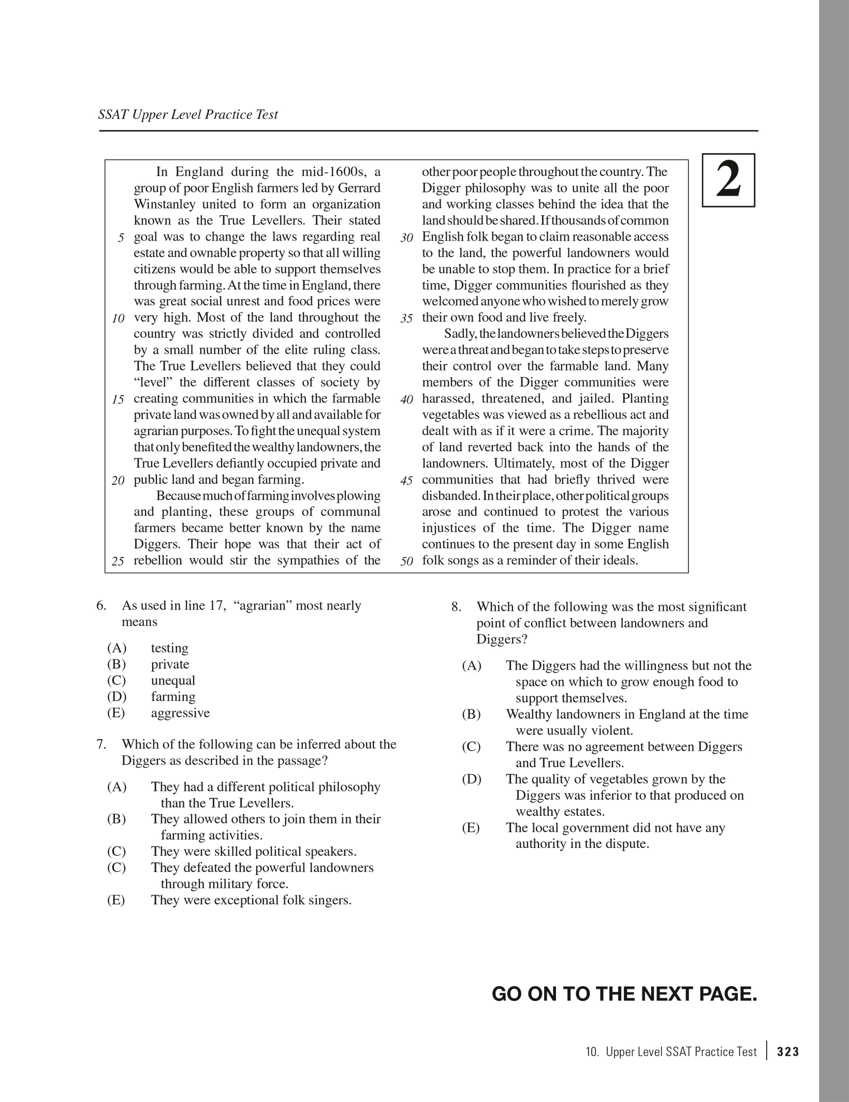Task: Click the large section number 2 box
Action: (728, 181)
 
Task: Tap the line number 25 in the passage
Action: (118, 561)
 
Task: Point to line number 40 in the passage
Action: (407, 399)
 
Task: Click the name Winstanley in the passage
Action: (164, 204)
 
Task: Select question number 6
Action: (101, 605)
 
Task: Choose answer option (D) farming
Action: (173, 697)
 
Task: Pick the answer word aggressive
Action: (180, 713)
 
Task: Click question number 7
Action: (101, 744)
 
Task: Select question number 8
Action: (456, 607)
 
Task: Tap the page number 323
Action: (788, 1052)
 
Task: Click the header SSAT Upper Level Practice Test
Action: (188, 114)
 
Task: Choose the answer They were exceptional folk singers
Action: (251, 900)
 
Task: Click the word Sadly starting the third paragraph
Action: (459, 334)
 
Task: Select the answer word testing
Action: (169, 648)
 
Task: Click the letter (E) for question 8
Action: (471, 828)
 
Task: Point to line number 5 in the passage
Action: (121, 238)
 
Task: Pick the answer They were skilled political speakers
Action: (254, 852)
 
